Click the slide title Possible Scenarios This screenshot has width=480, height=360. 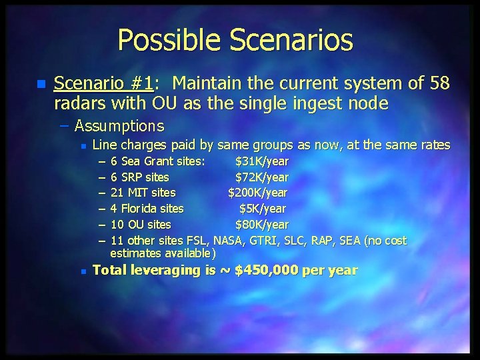point(235,40)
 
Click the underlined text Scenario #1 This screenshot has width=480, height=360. point(103,84)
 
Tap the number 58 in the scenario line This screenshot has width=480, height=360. point(439,84)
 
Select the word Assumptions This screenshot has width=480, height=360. point(119,125)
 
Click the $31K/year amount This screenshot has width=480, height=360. point(262,161)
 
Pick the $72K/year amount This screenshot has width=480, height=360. point(262,177)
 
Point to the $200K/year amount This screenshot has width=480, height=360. point(258,193)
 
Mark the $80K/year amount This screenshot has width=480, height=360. point(262,225)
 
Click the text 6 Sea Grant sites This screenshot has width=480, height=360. point(158,161)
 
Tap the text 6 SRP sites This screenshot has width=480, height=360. point(140,177)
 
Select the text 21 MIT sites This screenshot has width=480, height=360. point(143,193)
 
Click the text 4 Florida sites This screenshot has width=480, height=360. point(147,209)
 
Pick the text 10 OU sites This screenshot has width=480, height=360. point(141,225)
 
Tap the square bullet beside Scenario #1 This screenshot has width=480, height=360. point(41,85)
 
